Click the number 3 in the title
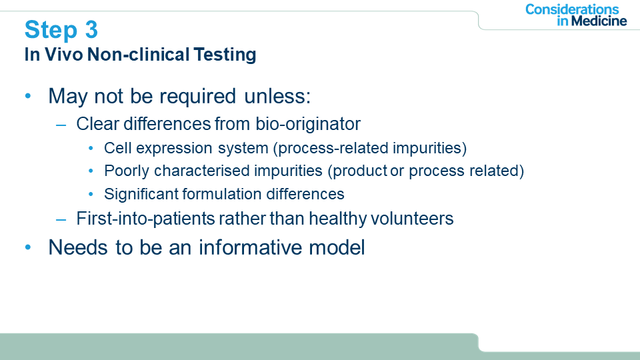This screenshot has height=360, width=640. tap(91, 29)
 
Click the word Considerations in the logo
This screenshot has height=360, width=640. tap(572, 9)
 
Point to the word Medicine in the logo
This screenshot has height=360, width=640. tap(599, 21)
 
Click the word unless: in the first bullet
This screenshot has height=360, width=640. tap(277, 96)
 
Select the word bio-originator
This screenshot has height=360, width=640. tap(308, 124)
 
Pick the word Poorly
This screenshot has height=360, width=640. tap(127, 171)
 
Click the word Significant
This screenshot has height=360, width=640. tap(141, 194)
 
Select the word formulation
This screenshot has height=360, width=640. tap(221, 194)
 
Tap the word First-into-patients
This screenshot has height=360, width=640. tap(146, 219)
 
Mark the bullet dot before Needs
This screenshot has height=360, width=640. tap(28, 247)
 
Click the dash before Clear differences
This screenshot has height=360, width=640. tap(61, 125)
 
